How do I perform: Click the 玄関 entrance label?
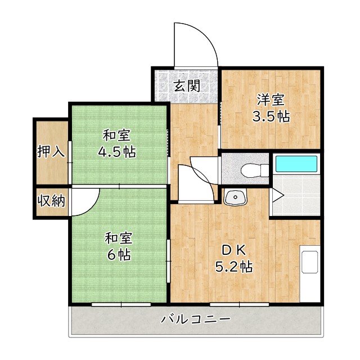[186, 86]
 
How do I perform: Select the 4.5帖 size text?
[118, 152]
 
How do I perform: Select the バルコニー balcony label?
[196, 319]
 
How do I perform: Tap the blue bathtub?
[296, 165]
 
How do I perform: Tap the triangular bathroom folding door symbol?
[277, 195]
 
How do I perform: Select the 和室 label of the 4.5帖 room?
[118, 136]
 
